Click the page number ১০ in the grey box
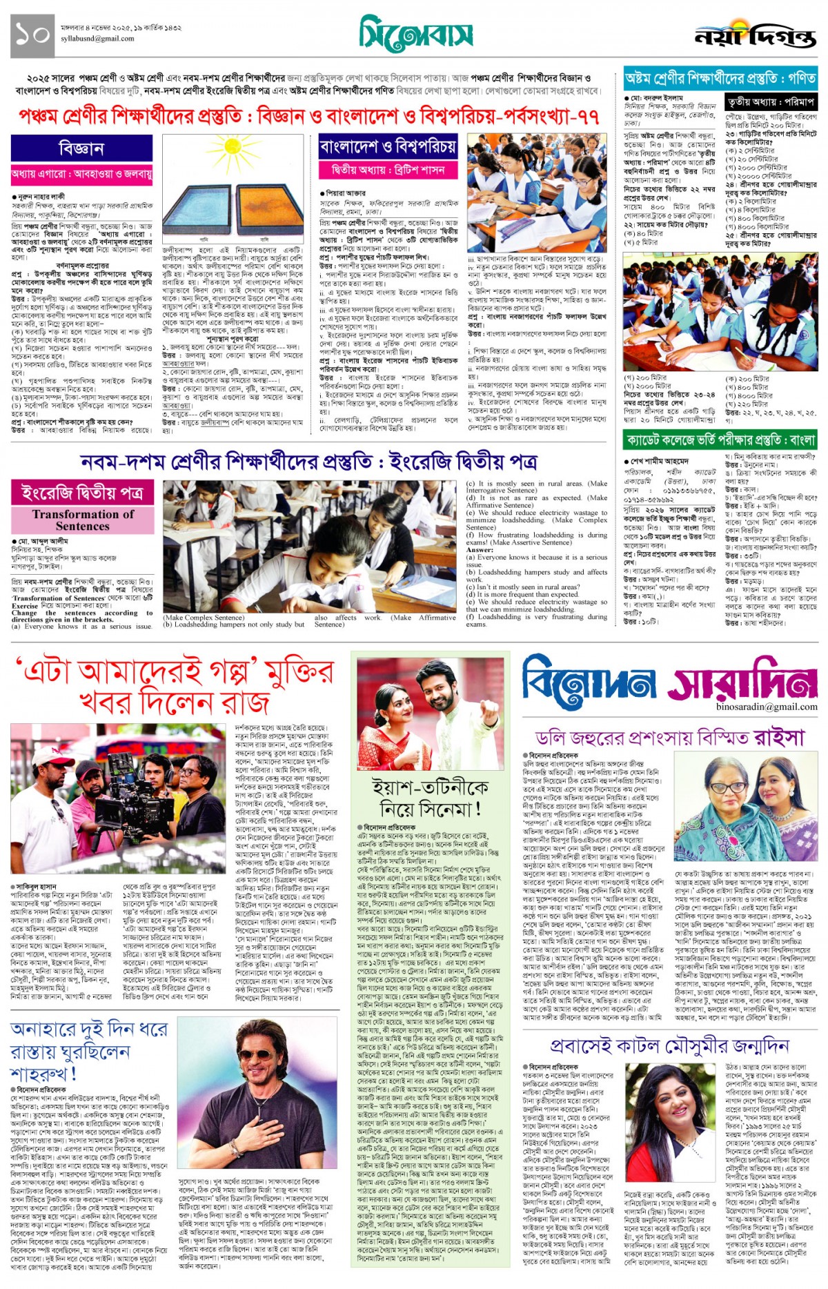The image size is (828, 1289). click(32, 35)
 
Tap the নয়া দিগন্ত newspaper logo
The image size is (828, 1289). click(755, 36)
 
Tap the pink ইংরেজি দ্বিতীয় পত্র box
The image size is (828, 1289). click(83, 493)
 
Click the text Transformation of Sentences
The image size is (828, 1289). click(83, 520)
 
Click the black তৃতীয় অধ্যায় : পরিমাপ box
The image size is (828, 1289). click(771, 102)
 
